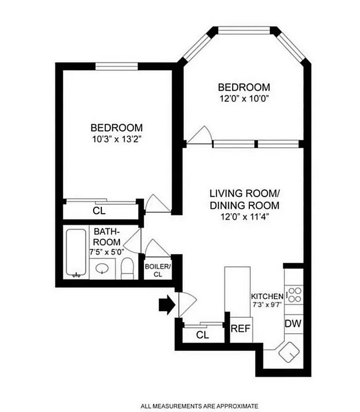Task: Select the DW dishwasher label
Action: [x=293, y=324]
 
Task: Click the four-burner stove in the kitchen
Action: [x=294, y=295]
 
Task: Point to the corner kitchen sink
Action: [x=287, y=352]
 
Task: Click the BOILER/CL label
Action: [x=157, y=270]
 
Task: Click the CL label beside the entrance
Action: [x=203, y=335]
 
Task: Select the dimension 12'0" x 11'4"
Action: [x=244, y=217]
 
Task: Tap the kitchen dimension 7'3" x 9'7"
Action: [x=267, y=305]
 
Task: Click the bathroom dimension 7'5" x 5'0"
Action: [x=106, y=252]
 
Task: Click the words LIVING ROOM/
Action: [x=244, y=194]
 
